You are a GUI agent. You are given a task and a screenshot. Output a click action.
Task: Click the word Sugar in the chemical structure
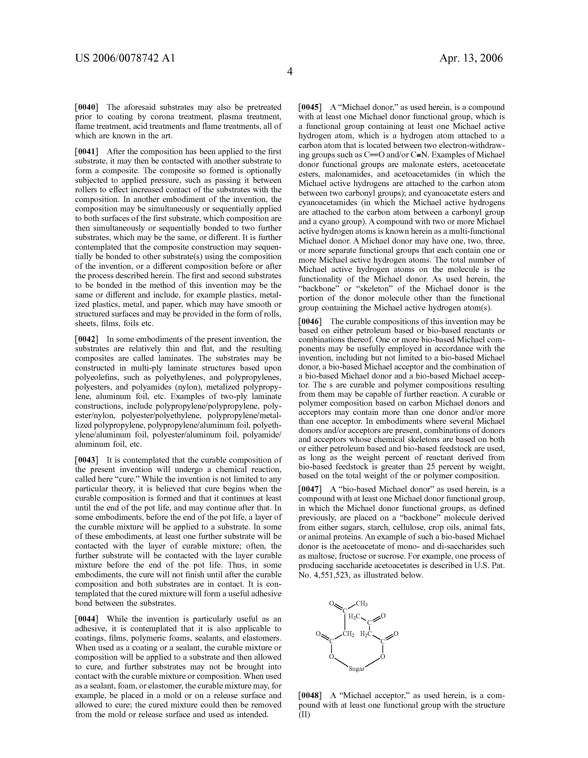pyautogui.click(x=356, y=669)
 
